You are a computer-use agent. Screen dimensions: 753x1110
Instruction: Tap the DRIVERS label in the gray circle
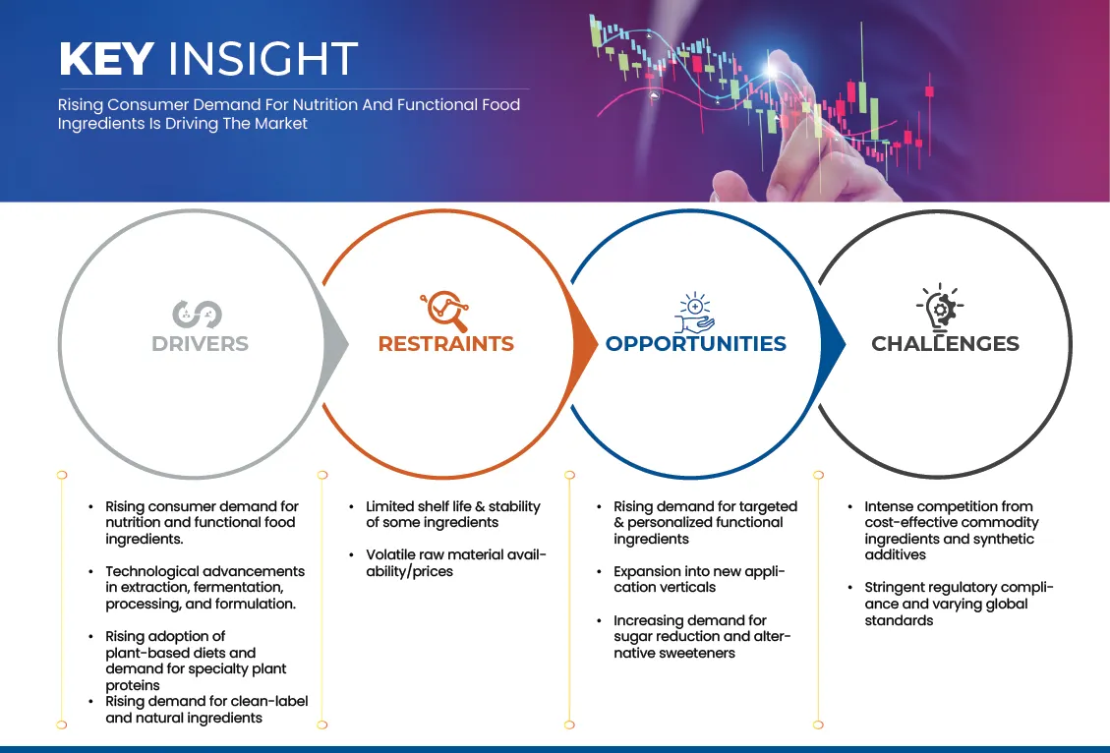tap(200, 344)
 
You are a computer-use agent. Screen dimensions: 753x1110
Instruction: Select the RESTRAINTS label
tap(446, 344)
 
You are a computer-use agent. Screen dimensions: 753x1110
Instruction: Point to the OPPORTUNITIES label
tap(696, 344)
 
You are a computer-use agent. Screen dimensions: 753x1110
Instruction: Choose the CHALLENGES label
tap(945, 344)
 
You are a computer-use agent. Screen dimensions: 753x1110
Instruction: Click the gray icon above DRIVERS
tap(198, 314)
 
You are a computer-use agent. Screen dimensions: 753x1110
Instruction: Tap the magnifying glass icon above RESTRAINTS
tap(444, 311)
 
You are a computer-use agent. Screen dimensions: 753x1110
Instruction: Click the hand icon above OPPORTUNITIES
tap(694, 312)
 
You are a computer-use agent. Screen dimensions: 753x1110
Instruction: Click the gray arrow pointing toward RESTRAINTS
tap(336, 344)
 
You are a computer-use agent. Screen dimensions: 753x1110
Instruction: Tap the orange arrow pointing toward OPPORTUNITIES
tap(586, 344)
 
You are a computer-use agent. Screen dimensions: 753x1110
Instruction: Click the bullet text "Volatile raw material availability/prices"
tap(455, 563)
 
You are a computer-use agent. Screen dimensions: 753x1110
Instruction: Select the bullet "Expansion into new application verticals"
tap(699, 579)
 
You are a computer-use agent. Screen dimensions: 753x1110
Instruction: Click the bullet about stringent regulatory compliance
tap(958, 604)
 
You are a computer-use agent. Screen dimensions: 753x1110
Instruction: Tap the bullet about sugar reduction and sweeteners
tap(702, 636)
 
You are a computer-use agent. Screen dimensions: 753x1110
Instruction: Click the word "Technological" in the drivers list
tap(151, 571)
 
